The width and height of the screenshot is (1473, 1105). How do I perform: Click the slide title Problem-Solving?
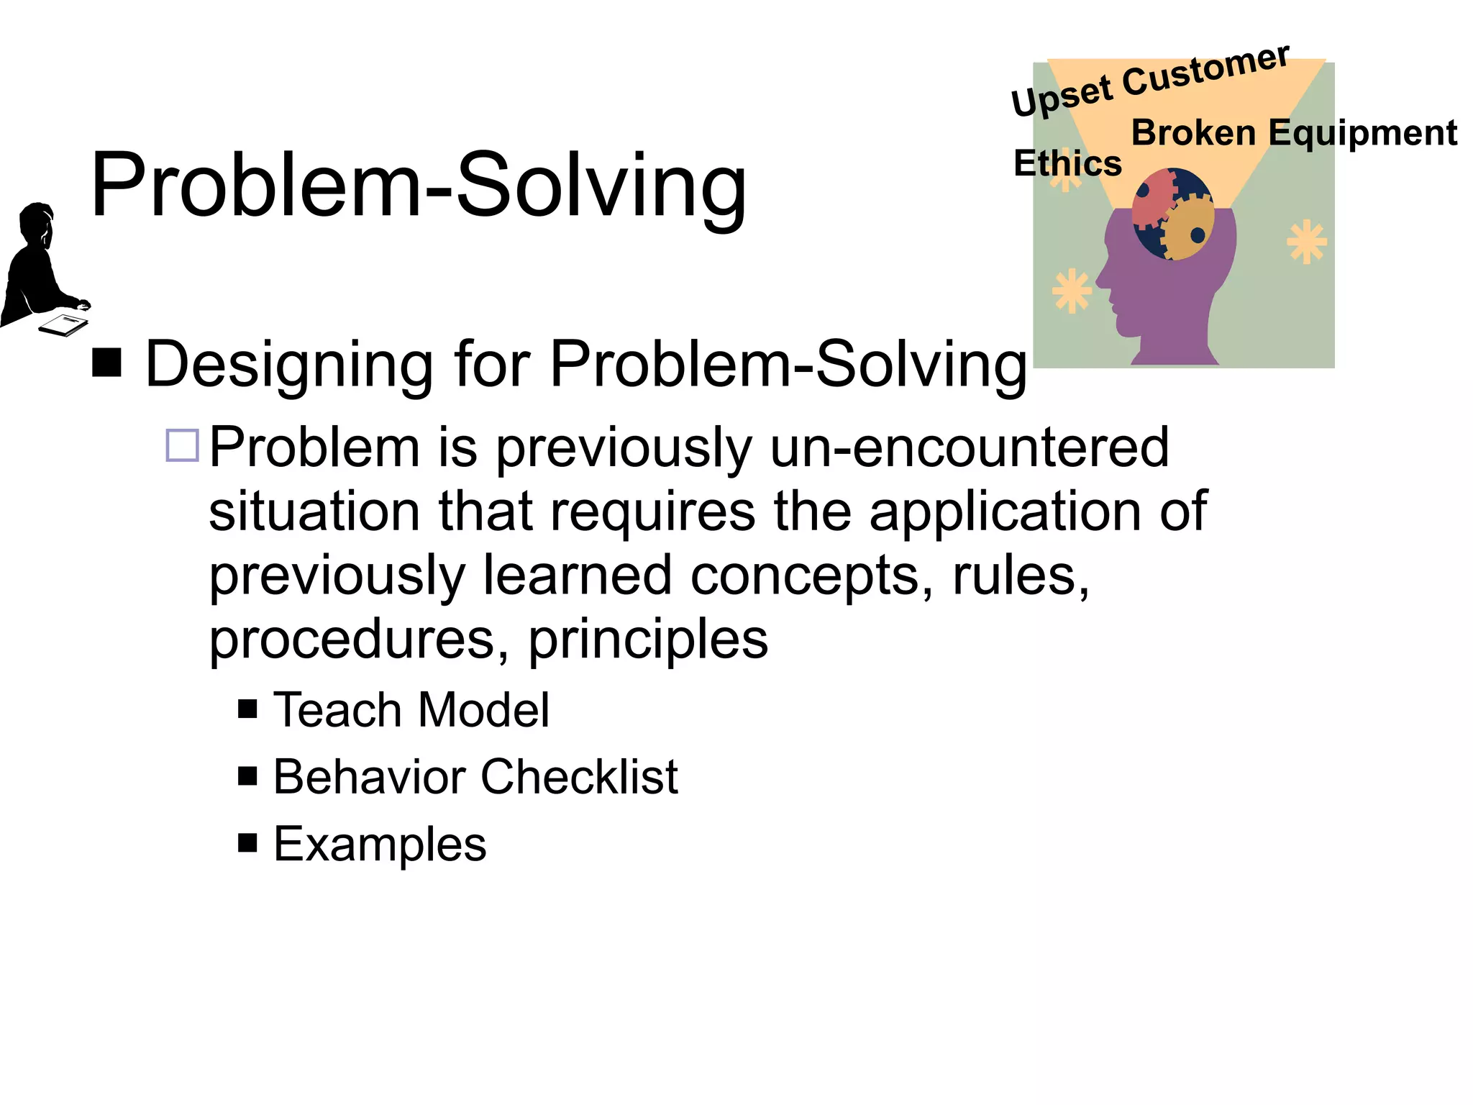(x=419, y=186)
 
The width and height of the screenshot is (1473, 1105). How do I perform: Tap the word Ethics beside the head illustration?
(x=1067, y=164)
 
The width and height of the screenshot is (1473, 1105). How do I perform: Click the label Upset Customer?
(x=1151, y=81)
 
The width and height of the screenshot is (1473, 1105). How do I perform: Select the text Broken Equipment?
(x=1294, y=133)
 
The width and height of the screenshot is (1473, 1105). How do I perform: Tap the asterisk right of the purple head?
(x=1306, y=242)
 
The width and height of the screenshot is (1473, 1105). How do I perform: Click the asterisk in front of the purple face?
(x=1072, y=291)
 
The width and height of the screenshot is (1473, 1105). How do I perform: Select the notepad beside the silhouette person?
(x=63, y=324)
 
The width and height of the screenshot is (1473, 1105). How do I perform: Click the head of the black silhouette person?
(x=36, y=222)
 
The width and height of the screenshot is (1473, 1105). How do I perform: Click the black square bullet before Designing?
(x=106, y=363)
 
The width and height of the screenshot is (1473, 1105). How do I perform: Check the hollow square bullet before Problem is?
(x=182, y=445)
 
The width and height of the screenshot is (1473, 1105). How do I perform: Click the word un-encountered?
(x=970, y=447)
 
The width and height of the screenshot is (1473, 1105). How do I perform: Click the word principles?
(x=648, y=639)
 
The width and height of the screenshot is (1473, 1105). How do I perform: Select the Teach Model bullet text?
(x=411, y=710)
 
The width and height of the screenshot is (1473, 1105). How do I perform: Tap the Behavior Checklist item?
(x=475, y=777)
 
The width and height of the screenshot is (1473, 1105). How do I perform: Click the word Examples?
(x=380, y=844)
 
